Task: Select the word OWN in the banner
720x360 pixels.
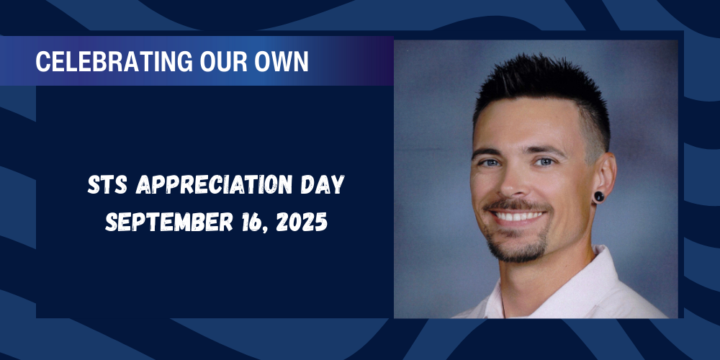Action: (x=282, y=61)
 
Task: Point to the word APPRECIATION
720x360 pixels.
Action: (x=215, y=184)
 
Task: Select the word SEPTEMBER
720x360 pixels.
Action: (x=169, y=222)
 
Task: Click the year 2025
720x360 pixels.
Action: (x=302, y=222)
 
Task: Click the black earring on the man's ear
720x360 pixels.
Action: (x=599, y=197)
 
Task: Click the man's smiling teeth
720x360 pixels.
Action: (x=518, y=216)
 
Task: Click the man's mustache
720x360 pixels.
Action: (x=516, y=205)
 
